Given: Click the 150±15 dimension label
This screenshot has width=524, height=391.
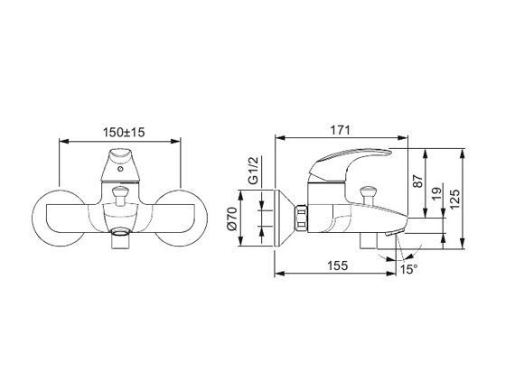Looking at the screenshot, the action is [124, 132].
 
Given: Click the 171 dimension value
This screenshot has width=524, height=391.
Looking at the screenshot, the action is [341, 130].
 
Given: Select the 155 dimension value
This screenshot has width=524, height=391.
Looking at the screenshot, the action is [337, 265].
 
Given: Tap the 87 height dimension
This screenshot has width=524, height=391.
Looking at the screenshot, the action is [417, 181].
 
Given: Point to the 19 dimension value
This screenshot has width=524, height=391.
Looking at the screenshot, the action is [436, 193].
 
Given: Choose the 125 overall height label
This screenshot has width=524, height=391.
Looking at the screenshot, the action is [454, 200].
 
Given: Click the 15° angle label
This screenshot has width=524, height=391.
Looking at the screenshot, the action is [409, 269].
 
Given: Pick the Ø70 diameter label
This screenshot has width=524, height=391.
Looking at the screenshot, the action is [231, 219].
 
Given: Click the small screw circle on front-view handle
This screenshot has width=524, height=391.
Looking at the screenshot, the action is [120, 169].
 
